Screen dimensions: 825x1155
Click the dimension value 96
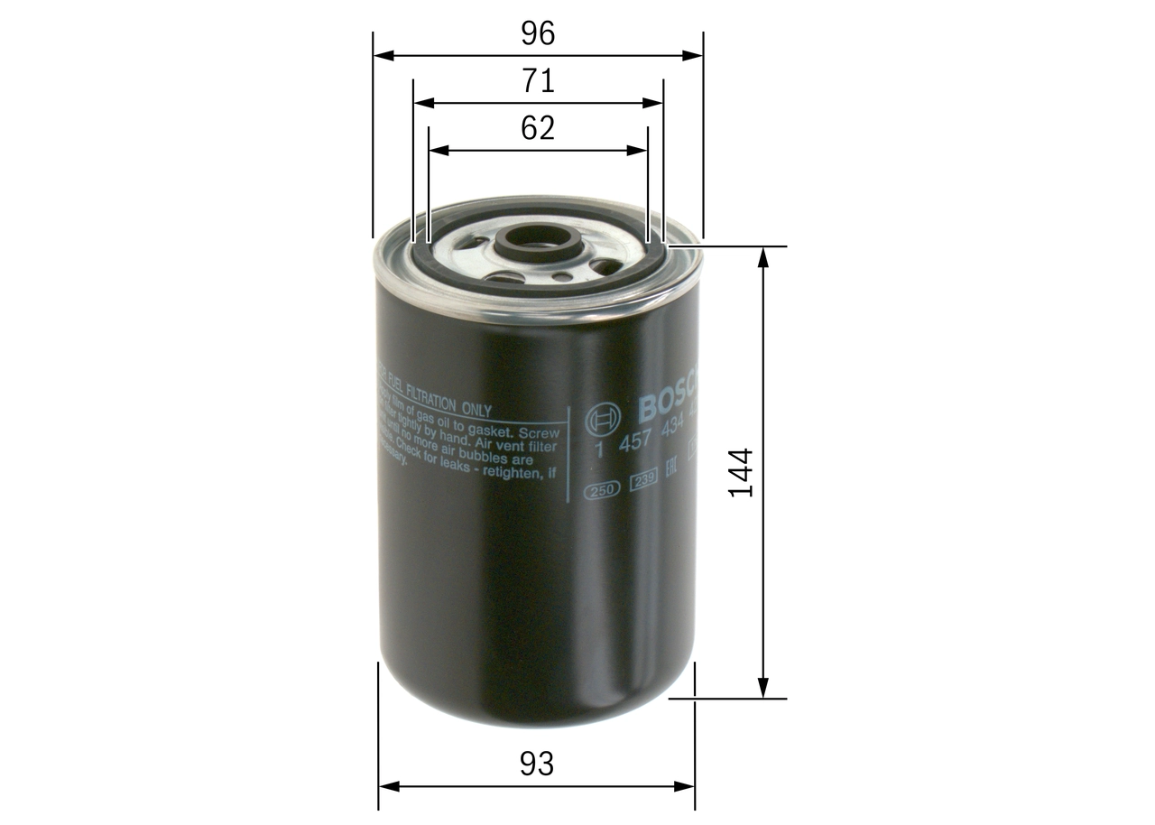point(538,33)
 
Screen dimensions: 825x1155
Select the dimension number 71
point(538,81)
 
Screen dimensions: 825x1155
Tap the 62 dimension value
point(538,128)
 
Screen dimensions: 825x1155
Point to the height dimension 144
point(741,471)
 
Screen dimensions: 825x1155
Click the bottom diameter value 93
point(537,764)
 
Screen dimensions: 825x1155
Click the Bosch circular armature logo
point(603,420)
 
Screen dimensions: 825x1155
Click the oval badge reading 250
point(601,490)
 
